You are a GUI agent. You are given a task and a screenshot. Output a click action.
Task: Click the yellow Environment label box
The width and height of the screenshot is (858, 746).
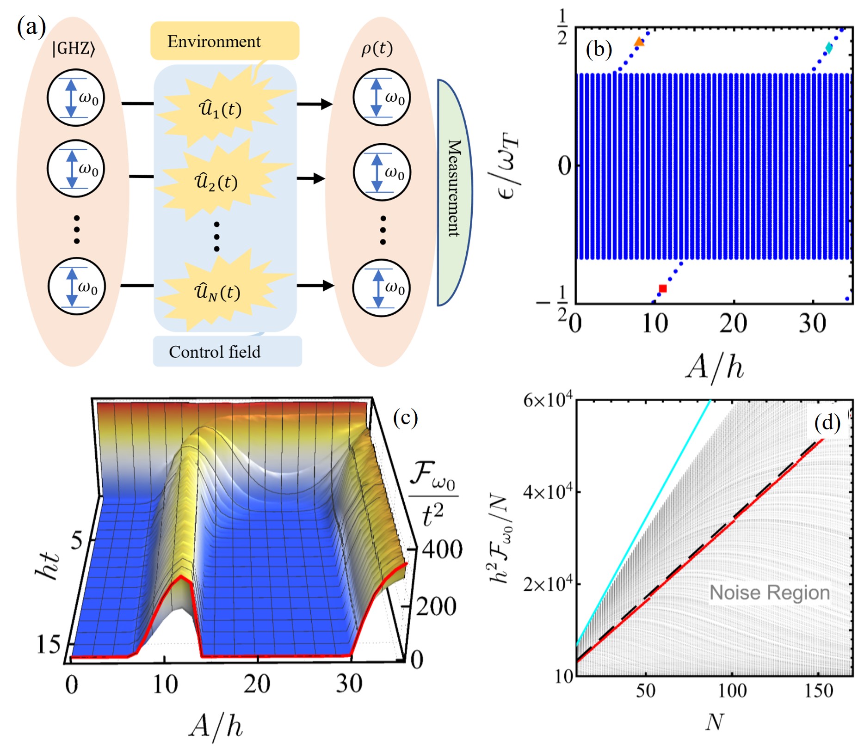(224, 41)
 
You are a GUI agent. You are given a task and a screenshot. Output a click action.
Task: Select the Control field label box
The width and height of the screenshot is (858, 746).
(227, 352)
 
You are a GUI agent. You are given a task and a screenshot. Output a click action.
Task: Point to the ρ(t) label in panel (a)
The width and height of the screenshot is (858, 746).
(377, 48)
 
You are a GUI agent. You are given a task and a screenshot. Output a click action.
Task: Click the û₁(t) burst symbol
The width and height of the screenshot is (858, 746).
(220, 109)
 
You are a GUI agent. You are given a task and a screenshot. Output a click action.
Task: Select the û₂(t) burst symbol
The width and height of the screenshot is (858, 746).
(216, 182)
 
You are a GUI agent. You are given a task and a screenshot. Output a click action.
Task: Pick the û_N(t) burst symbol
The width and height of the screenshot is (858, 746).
(217, 292)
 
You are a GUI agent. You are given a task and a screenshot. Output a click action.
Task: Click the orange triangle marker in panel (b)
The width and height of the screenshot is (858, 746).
(639, 42)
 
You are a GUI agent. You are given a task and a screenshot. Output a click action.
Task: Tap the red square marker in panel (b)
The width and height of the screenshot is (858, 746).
(662, 288)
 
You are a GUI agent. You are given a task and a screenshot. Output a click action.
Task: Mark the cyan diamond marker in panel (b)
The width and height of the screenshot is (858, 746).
(829, 48)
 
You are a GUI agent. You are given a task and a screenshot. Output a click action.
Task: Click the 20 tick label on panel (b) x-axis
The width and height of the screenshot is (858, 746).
(734, 323)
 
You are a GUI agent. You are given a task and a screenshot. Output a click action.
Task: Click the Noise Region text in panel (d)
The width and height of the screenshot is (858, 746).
(770, 593)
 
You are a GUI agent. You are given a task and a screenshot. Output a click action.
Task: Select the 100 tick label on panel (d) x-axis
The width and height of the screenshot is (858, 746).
(732, 691)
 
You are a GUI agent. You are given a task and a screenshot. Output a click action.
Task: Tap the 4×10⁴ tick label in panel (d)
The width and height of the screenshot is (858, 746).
(548, 492)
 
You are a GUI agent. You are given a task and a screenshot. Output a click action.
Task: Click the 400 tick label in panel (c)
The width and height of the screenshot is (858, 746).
(442, 550)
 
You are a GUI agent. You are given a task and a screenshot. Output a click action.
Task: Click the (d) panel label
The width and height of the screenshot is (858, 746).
(827, 422)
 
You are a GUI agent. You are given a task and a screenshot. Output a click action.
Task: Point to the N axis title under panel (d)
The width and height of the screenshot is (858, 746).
(714, 722)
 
